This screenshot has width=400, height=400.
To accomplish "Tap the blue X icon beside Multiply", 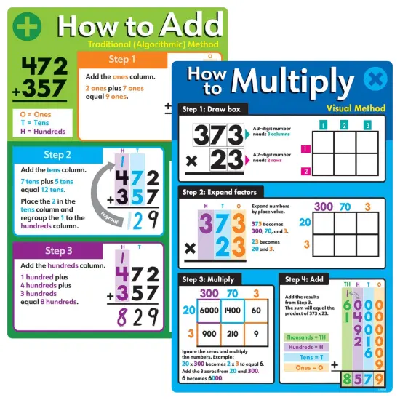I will (x=373, y=78).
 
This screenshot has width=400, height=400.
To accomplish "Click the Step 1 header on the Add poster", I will (x=121, y=59).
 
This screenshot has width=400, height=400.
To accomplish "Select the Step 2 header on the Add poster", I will (x=57, y=154).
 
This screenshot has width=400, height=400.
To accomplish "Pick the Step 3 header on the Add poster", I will (x=57, y=251).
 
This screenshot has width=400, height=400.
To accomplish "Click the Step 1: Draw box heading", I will (x=215, y=109).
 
